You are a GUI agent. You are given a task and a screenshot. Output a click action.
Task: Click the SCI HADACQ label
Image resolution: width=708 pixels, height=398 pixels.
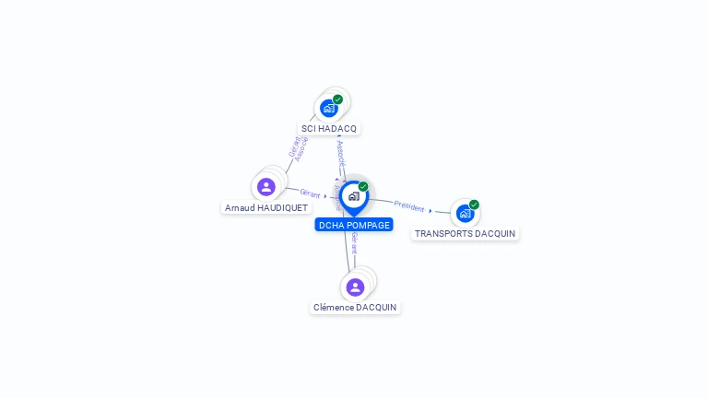pyautogui.click(x=329, y=129)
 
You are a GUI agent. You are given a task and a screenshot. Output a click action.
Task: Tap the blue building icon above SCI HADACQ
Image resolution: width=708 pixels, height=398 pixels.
pyautogui.click(x=329, y=108)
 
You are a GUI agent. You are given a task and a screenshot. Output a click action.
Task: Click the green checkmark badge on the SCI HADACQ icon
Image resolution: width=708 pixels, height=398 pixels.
pyautogui.click(x=338, y=99)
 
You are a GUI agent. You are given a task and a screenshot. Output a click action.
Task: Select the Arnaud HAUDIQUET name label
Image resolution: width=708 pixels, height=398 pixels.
pyautogui.click(x=266, y=208)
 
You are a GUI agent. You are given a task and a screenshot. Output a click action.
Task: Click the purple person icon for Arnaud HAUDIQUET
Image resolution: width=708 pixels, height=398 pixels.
pyautogui.click(x=266, y=187)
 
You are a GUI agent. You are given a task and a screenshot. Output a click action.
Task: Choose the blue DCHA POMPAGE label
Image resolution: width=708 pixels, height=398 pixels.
pyautogui.click(x=354, y=225)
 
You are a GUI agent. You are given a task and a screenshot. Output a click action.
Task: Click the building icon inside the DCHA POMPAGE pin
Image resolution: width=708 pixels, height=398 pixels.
pyautogui.click(x=353, y=196)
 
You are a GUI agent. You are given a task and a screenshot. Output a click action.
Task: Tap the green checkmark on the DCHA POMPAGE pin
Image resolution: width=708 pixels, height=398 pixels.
pyautogui.click(x=363, y=187)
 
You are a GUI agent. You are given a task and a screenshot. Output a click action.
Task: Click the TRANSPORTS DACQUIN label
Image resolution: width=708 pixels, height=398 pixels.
pyautogui.click(x=465, y=234)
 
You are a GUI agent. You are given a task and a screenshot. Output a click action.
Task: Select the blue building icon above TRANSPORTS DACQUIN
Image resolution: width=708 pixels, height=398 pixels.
pyautogui.click(x=465, y=214)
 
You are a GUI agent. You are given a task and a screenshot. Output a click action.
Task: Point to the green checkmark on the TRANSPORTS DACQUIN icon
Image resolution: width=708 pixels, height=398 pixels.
pyautogui.click(x=474, y=205)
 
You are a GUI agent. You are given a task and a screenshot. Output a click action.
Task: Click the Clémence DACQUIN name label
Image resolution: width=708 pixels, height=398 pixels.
pyautogui.click(x=355, y=308)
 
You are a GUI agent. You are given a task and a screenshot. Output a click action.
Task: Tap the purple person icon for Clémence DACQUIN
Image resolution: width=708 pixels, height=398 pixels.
pyautogui.click(x=355, y=287)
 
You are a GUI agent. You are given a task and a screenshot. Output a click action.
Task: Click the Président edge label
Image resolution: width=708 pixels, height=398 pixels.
pyautogui.click(x=409, y=206)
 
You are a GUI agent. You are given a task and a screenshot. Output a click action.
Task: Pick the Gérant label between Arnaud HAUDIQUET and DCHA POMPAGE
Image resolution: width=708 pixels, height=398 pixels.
pyautogui.click(x=310, y=194)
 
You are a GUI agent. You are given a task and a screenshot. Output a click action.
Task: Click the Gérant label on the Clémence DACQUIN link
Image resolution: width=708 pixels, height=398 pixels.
pyautogui.click(x=354, y=243)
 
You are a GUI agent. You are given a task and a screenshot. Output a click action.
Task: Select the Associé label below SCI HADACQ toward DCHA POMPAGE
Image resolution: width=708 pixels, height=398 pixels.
pyautogui.click(x=341, y=153)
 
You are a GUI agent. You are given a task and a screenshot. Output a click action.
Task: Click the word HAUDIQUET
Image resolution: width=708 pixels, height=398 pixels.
pyautogui.click(x=282, y=208)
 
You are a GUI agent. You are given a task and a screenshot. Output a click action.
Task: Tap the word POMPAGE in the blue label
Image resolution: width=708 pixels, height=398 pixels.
pyautogui.click(x=369, y=225)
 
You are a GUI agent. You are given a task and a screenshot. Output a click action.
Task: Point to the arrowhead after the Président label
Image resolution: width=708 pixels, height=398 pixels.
pyautogui.click(x=431, y=211)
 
